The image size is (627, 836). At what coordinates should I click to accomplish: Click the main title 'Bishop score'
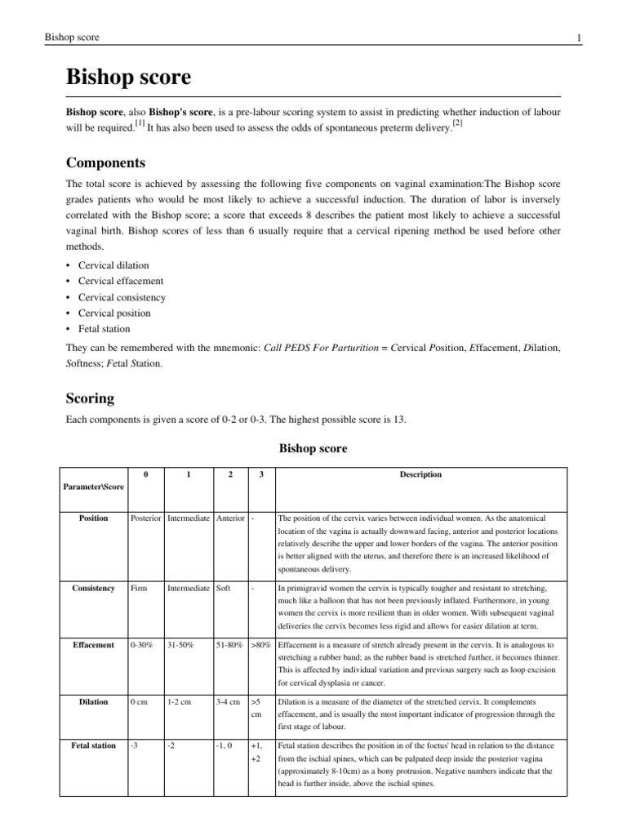tap(128, 78)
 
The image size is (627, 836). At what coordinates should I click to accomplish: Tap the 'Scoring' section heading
tap(90, 399)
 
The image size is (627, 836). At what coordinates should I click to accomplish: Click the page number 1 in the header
tap(578, 38)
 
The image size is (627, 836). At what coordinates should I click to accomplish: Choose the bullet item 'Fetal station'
tap(104, 328)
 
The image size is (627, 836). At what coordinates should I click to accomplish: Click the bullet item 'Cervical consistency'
tap(122, 297)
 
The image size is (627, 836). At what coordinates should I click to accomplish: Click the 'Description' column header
tap(422, 474)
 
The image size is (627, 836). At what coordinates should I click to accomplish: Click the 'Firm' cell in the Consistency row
tap(139, 588)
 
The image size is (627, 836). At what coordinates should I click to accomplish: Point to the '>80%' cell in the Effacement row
tap(260, 644)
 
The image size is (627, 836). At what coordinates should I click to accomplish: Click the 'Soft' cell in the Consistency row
tap(224, 588)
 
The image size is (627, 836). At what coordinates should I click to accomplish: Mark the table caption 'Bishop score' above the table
tap(313, 448)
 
